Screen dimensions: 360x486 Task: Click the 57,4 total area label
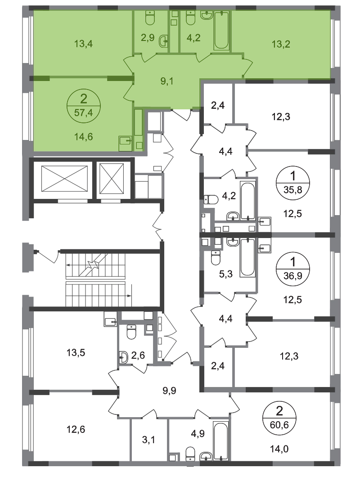point(83,112)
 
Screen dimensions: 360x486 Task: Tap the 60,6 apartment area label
point(279,425)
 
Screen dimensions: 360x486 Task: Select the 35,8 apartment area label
point(292,189)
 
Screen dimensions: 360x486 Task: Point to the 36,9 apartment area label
point(292,275)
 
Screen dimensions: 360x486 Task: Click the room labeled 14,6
point(83,136)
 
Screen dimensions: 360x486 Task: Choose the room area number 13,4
point(83,44)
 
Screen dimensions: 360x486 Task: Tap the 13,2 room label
point(281,44)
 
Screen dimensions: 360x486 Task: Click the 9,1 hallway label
point(167,81)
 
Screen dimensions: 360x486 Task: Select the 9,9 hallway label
point(169,391)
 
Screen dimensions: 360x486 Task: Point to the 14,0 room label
point(279,449)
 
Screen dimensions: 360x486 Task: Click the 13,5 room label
point(76,353)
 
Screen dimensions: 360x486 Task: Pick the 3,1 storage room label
point(148,440)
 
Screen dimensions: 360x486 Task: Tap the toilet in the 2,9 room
point(150,18)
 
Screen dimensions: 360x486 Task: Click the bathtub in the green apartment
point(221,30)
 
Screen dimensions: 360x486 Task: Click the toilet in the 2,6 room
point(131,332)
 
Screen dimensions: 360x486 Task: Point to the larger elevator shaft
point(64,179)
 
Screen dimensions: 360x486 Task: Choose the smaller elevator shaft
point(112,179)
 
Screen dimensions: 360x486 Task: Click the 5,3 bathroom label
point(226,274)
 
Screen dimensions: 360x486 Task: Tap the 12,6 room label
point(76,429)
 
